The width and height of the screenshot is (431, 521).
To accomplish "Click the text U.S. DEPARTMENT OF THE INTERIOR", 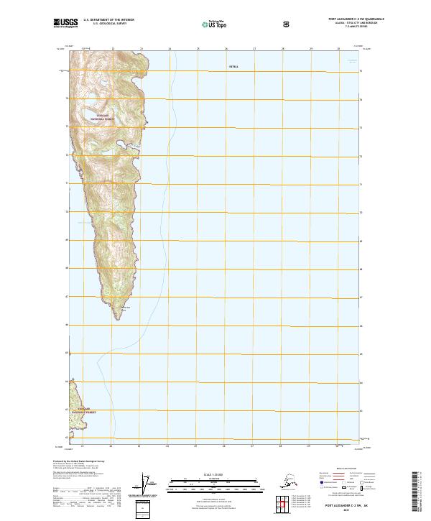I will click(108, 20).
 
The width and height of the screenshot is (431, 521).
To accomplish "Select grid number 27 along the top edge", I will click(254, 49).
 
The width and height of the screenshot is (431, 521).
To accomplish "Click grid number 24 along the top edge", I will click(170, 49).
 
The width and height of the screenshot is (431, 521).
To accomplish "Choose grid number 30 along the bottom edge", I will click(338, 446).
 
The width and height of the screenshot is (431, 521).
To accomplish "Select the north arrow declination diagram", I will click(149, 485).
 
